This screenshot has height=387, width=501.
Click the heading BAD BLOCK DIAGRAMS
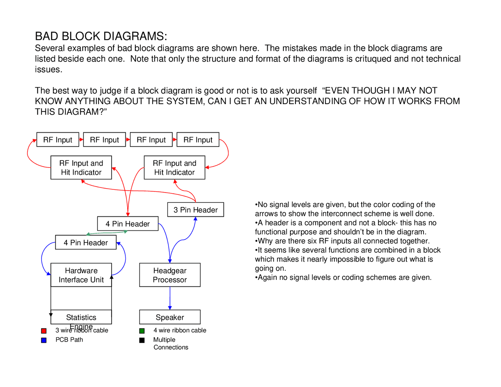tap(101, 36)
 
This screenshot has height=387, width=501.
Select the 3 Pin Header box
tap(195, 210)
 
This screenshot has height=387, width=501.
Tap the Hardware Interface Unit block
tap(81, 275)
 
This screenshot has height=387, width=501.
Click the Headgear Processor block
tap(170, 275)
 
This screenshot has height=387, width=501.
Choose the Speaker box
tap(170, 317)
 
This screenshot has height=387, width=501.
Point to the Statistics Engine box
tap(81, 317)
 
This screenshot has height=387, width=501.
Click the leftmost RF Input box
tap(58, 140)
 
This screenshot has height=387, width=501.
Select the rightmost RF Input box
tap(198, 140)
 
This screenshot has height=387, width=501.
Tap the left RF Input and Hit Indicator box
tap(81, 168)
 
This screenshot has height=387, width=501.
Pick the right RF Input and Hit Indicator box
tap(174, 168)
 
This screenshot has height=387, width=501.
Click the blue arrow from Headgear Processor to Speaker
tap(170, 298)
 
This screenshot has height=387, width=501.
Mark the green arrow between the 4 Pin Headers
tap(107, 233)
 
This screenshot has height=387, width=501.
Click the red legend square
tap(44, 331)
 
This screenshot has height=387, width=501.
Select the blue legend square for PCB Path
tap(44, 340)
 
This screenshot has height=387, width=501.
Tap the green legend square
tap(142, 331)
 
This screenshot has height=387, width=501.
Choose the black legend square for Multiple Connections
tap(142, 340)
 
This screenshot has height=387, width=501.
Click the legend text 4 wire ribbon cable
tap(180, 330)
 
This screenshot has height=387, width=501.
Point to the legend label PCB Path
tap(69, 340)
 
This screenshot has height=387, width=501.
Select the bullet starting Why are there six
tap(342, 241)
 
